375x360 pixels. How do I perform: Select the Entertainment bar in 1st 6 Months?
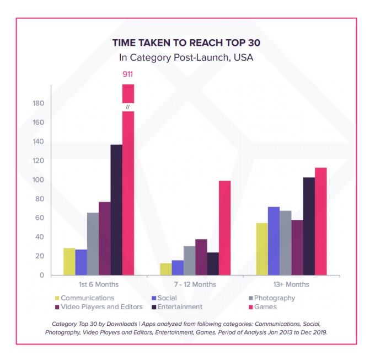click(x=116, y=210)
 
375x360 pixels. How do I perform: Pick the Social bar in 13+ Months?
click(x=274, y=241)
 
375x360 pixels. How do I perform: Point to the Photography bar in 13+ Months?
click(x=286, y=242)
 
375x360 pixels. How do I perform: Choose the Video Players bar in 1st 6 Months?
click(x=105, y=238)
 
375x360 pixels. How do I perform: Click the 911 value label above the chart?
click(x=128, y=74)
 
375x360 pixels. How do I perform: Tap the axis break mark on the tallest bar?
click(x=128, y=107)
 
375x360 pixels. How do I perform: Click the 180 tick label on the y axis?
click(x=38, y=103)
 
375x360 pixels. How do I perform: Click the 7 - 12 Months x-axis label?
click(x=195, y=285)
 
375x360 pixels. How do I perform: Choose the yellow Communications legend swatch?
click(x=56, y=298)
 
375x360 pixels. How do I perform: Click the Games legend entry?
click(x=260, y=307)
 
